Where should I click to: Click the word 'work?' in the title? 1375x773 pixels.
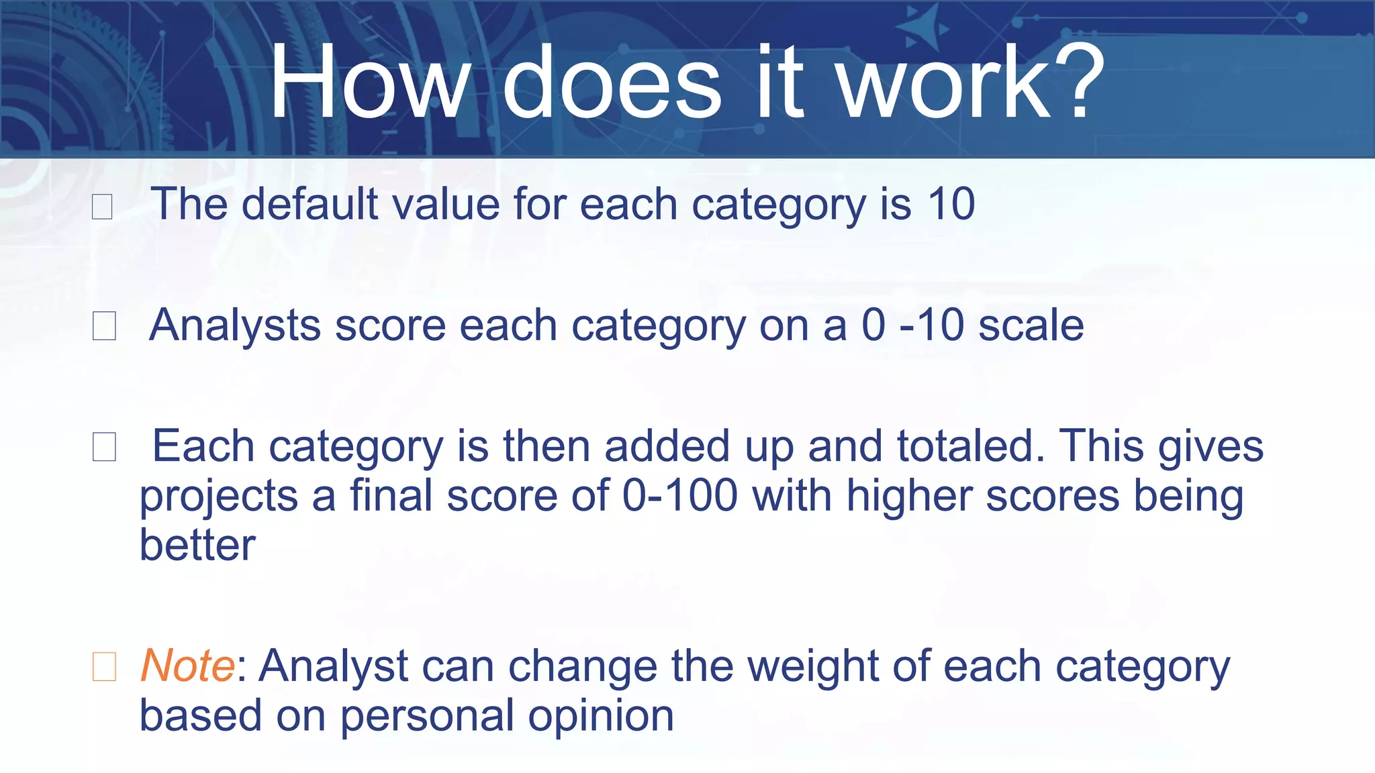tap(970, 82)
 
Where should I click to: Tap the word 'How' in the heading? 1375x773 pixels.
tap(369, 82)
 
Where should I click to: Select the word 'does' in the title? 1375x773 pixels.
tap(612, 82)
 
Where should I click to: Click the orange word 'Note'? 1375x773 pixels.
tap(187, 666)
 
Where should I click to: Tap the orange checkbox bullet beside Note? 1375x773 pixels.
tap(104, 667)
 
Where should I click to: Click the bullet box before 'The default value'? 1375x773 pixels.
tap(102, 206)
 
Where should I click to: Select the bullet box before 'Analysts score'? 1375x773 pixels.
tap(104, 326)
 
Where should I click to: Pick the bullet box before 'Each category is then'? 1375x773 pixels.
tap(104, 447)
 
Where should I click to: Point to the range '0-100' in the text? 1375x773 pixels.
tap(679, 496)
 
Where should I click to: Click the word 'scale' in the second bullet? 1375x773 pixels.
tap(1031, 325)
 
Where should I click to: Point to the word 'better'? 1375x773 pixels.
tap(197, 545)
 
